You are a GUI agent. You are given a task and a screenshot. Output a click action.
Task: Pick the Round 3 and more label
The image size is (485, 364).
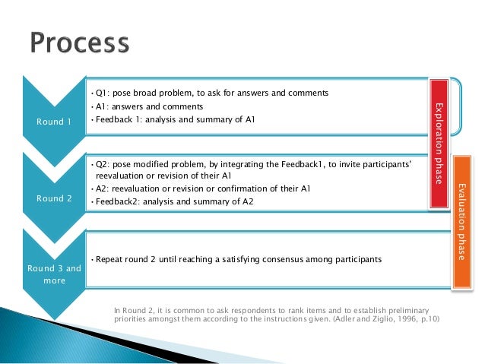tap(52, 274)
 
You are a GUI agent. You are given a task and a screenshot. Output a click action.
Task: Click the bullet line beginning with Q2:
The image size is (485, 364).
tap(251, 163)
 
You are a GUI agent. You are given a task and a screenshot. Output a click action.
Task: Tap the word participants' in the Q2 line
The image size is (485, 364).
tap(387, 163)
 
